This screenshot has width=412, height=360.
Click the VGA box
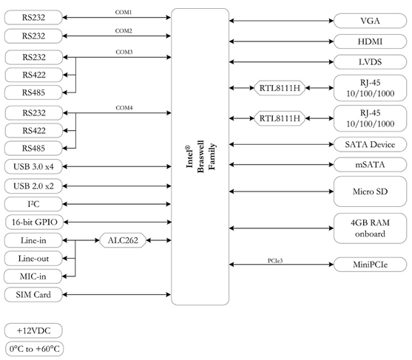pyautogui.click(x=370, y=21)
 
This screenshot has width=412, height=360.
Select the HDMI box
pyautogui.click(x=370, y=41)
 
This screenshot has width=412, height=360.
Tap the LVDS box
pyautogui.click(x=370, y=62)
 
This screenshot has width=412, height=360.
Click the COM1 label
pyautogui.click(x=124, y=13)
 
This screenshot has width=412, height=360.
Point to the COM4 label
pyautogui.click(x=124, y=108)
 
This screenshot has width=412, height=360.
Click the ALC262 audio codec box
pyautogui.click(x=123, y=240)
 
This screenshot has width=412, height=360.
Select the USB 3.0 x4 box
pyautogui.click(x=33, y=166)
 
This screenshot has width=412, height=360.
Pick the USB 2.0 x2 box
pyautogui.click(x=33, y=186)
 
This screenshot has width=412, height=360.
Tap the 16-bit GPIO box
pyautogui.click(x=34, y=223)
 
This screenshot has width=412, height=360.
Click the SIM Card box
pyautogui.click(x=33, y=295)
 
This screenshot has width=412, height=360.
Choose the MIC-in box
pyautogui.click(x=33, y=276)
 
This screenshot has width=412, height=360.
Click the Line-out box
pyautogui.click(x=33, y=259)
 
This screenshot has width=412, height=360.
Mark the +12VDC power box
pyautogui.click(x=33, y=330)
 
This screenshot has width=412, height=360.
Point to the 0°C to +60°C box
pyautogui.click(x=34, y=349)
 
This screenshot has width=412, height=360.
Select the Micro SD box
pyautogui.click(x=370, y=191)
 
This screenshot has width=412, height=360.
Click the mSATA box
pyautogui.click(x=370, y=165)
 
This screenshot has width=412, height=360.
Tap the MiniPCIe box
pyautogui.click(x=370, y=265)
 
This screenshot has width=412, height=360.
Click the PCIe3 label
pyautogui.click(x=275, y=261)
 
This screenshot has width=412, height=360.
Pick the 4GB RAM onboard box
pyautogui.click(x=370, y=228)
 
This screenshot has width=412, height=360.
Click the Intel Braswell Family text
pyautogui.click(x=200, y=157)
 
